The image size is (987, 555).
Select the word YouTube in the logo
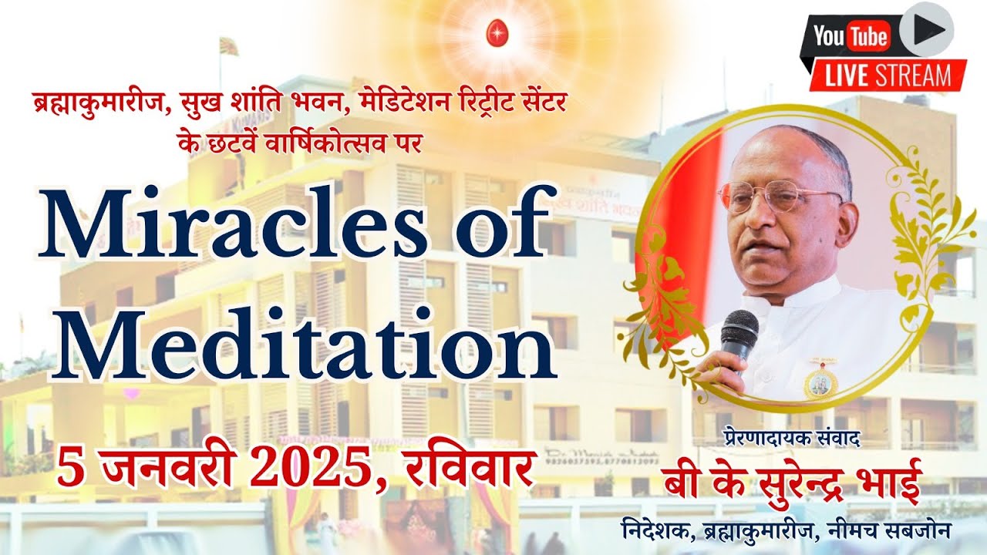pyautogui.click(x=851, y=35)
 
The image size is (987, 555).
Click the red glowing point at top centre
pyautogui.click(x=494, y=33)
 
